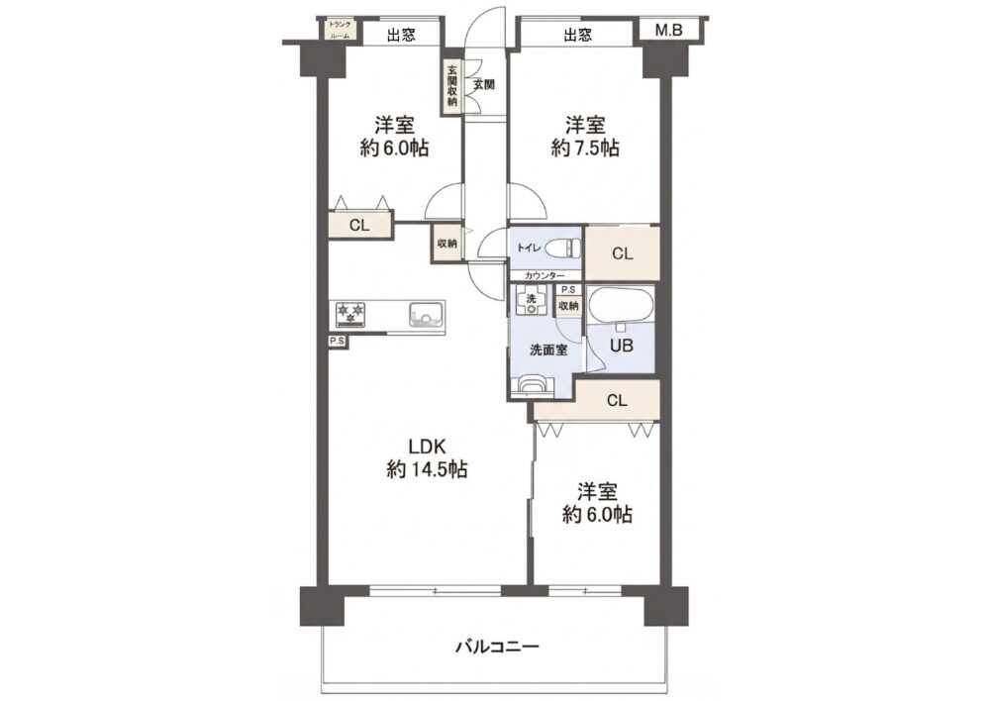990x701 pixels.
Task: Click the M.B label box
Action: click(x=668, y=30)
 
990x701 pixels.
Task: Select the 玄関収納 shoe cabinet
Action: click(x=452, y=87)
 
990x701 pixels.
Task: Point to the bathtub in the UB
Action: click(x=620, y=306)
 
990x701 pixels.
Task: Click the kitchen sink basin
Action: click(x=426, y=314)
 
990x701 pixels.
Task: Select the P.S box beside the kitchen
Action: click(x=338, y=342)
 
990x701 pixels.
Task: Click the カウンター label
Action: click(x=544, y=276)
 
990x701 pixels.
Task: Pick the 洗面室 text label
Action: click(x=548, y=350)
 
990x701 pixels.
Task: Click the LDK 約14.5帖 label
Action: click(x=427, y=457)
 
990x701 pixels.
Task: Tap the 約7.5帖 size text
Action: click(x=585, y=148)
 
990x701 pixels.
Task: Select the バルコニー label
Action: click(x=498, y=647)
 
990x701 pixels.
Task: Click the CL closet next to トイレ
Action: click(x=623, y=253)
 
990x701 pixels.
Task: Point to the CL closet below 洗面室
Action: click(x=617, y=400)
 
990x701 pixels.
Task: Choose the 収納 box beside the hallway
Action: click(x=447, y=244)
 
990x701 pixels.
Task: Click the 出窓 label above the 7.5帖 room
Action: click(x=578, y=35)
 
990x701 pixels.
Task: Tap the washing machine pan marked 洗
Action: click(x=532, y=300)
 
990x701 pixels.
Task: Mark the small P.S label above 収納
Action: click(x=568, y=290)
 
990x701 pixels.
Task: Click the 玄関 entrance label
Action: click(x=484, y=84)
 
